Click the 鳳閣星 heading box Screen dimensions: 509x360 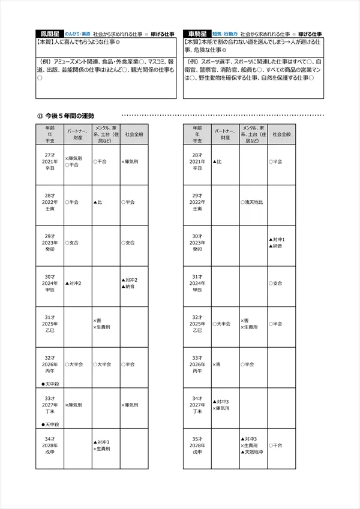tap(49, 34)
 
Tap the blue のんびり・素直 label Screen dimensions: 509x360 tap(78, 35)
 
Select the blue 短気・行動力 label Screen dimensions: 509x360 tap(225, 35)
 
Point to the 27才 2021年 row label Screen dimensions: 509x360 tap(50, 162)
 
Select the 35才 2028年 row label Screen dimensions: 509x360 tap(197, 445)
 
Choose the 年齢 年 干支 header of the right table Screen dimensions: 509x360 tap(197, 135)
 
